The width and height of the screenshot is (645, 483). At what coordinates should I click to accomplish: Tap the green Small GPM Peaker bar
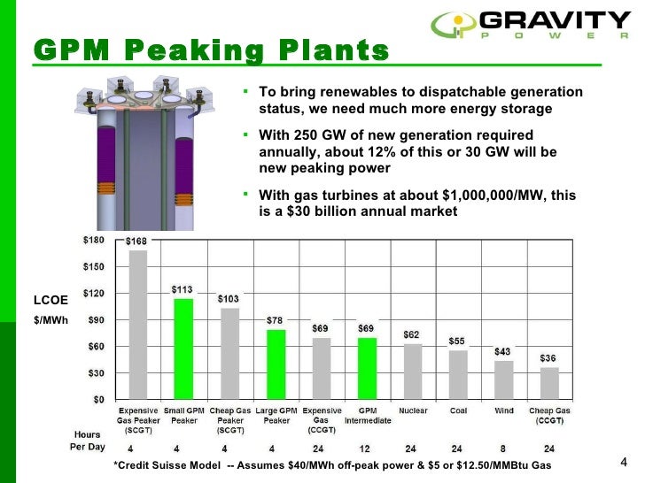pyautogui.click(x=183, y=348)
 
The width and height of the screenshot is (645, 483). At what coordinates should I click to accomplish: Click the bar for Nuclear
pyautogui.click(x=413, y=371)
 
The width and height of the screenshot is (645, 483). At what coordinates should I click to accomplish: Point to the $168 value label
pyautogui.click(x=137, y=241)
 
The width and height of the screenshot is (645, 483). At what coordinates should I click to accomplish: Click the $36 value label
pyautogui.click(x=549, y=358)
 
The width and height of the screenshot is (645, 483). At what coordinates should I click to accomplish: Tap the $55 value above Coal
pyautogui.click(x=457, y=341)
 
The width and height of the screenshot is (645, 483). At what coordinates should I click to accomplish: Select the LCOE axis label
pyautogui.click(x=44, y=300)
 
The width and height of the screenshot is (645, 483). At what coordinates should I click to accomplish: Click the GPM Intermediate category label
pyautogui.click(x=367, y=416)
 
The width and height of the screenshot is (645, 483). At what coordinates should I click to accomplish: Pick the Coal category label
pyautogui.click(x=458, y=411)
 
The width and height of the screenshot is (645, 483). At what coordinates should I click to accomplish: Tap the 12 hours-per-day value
pyautogui.click(x=366, y=448)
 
